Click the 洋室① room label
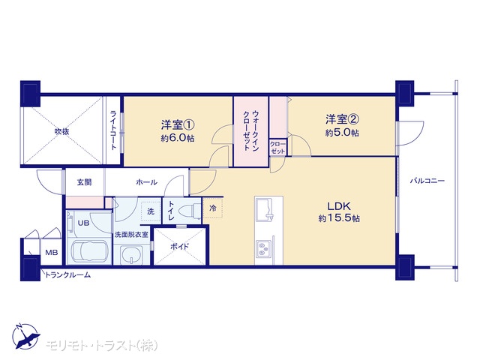pos(178,125)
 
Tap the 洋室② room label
pos(342,119)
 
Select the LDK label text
pos(339,206)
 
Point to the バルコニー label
pos(427,181)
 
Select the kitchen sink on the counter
pos(264,209)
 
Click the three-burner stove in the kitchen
pos(263,248)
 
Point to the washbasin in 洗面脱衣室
pos(132,255)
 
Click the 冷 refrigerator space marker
pos(213,208)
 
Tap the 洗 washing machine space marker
pos(151,211)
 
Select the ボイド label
pos(180,247)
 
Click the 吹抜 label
pos(61,132)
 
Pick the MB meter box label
pos(52,253)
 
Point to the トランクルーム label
pos(68,275)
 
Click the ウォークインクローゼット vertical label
pos(251,130)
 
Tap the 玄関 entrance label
pos(84,182)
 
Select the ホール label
pos(146,182)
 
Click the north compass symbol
pos(25,336)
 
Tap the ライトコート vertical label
pos(113,130)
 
